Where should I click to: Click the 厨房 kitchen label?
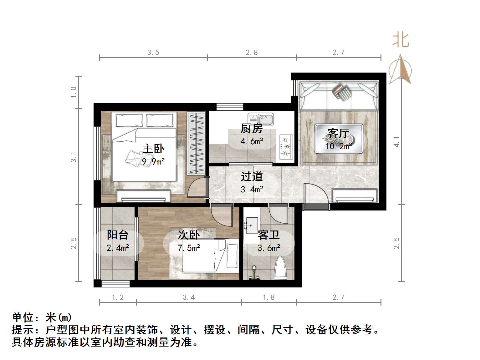(252, 129)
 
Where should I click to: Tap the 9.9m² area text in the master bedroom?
(153, 162)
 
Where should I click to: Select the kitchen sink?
(261, 119)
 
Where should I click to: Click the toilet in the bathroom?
(280, 268)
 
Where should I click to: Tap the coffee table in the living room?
(339, 139)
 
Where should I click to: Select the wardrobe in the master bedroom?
(196, 143)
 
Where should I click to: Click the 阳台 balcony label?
(118, 235)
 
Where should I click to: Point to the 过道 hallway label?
(252, 177)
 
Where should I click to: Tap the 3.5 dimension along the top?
(153, 53)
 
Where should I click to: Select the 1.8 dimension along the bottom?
(269, 297)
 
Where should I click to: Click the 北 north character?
(401, 40)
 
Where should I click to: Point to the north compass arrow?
(400, 70)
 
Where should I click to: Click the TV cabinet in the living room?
(355, 196)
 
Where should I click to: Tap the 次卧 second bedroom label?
(189, 235)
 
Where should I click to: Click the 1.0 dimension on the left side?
(74, 93)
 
